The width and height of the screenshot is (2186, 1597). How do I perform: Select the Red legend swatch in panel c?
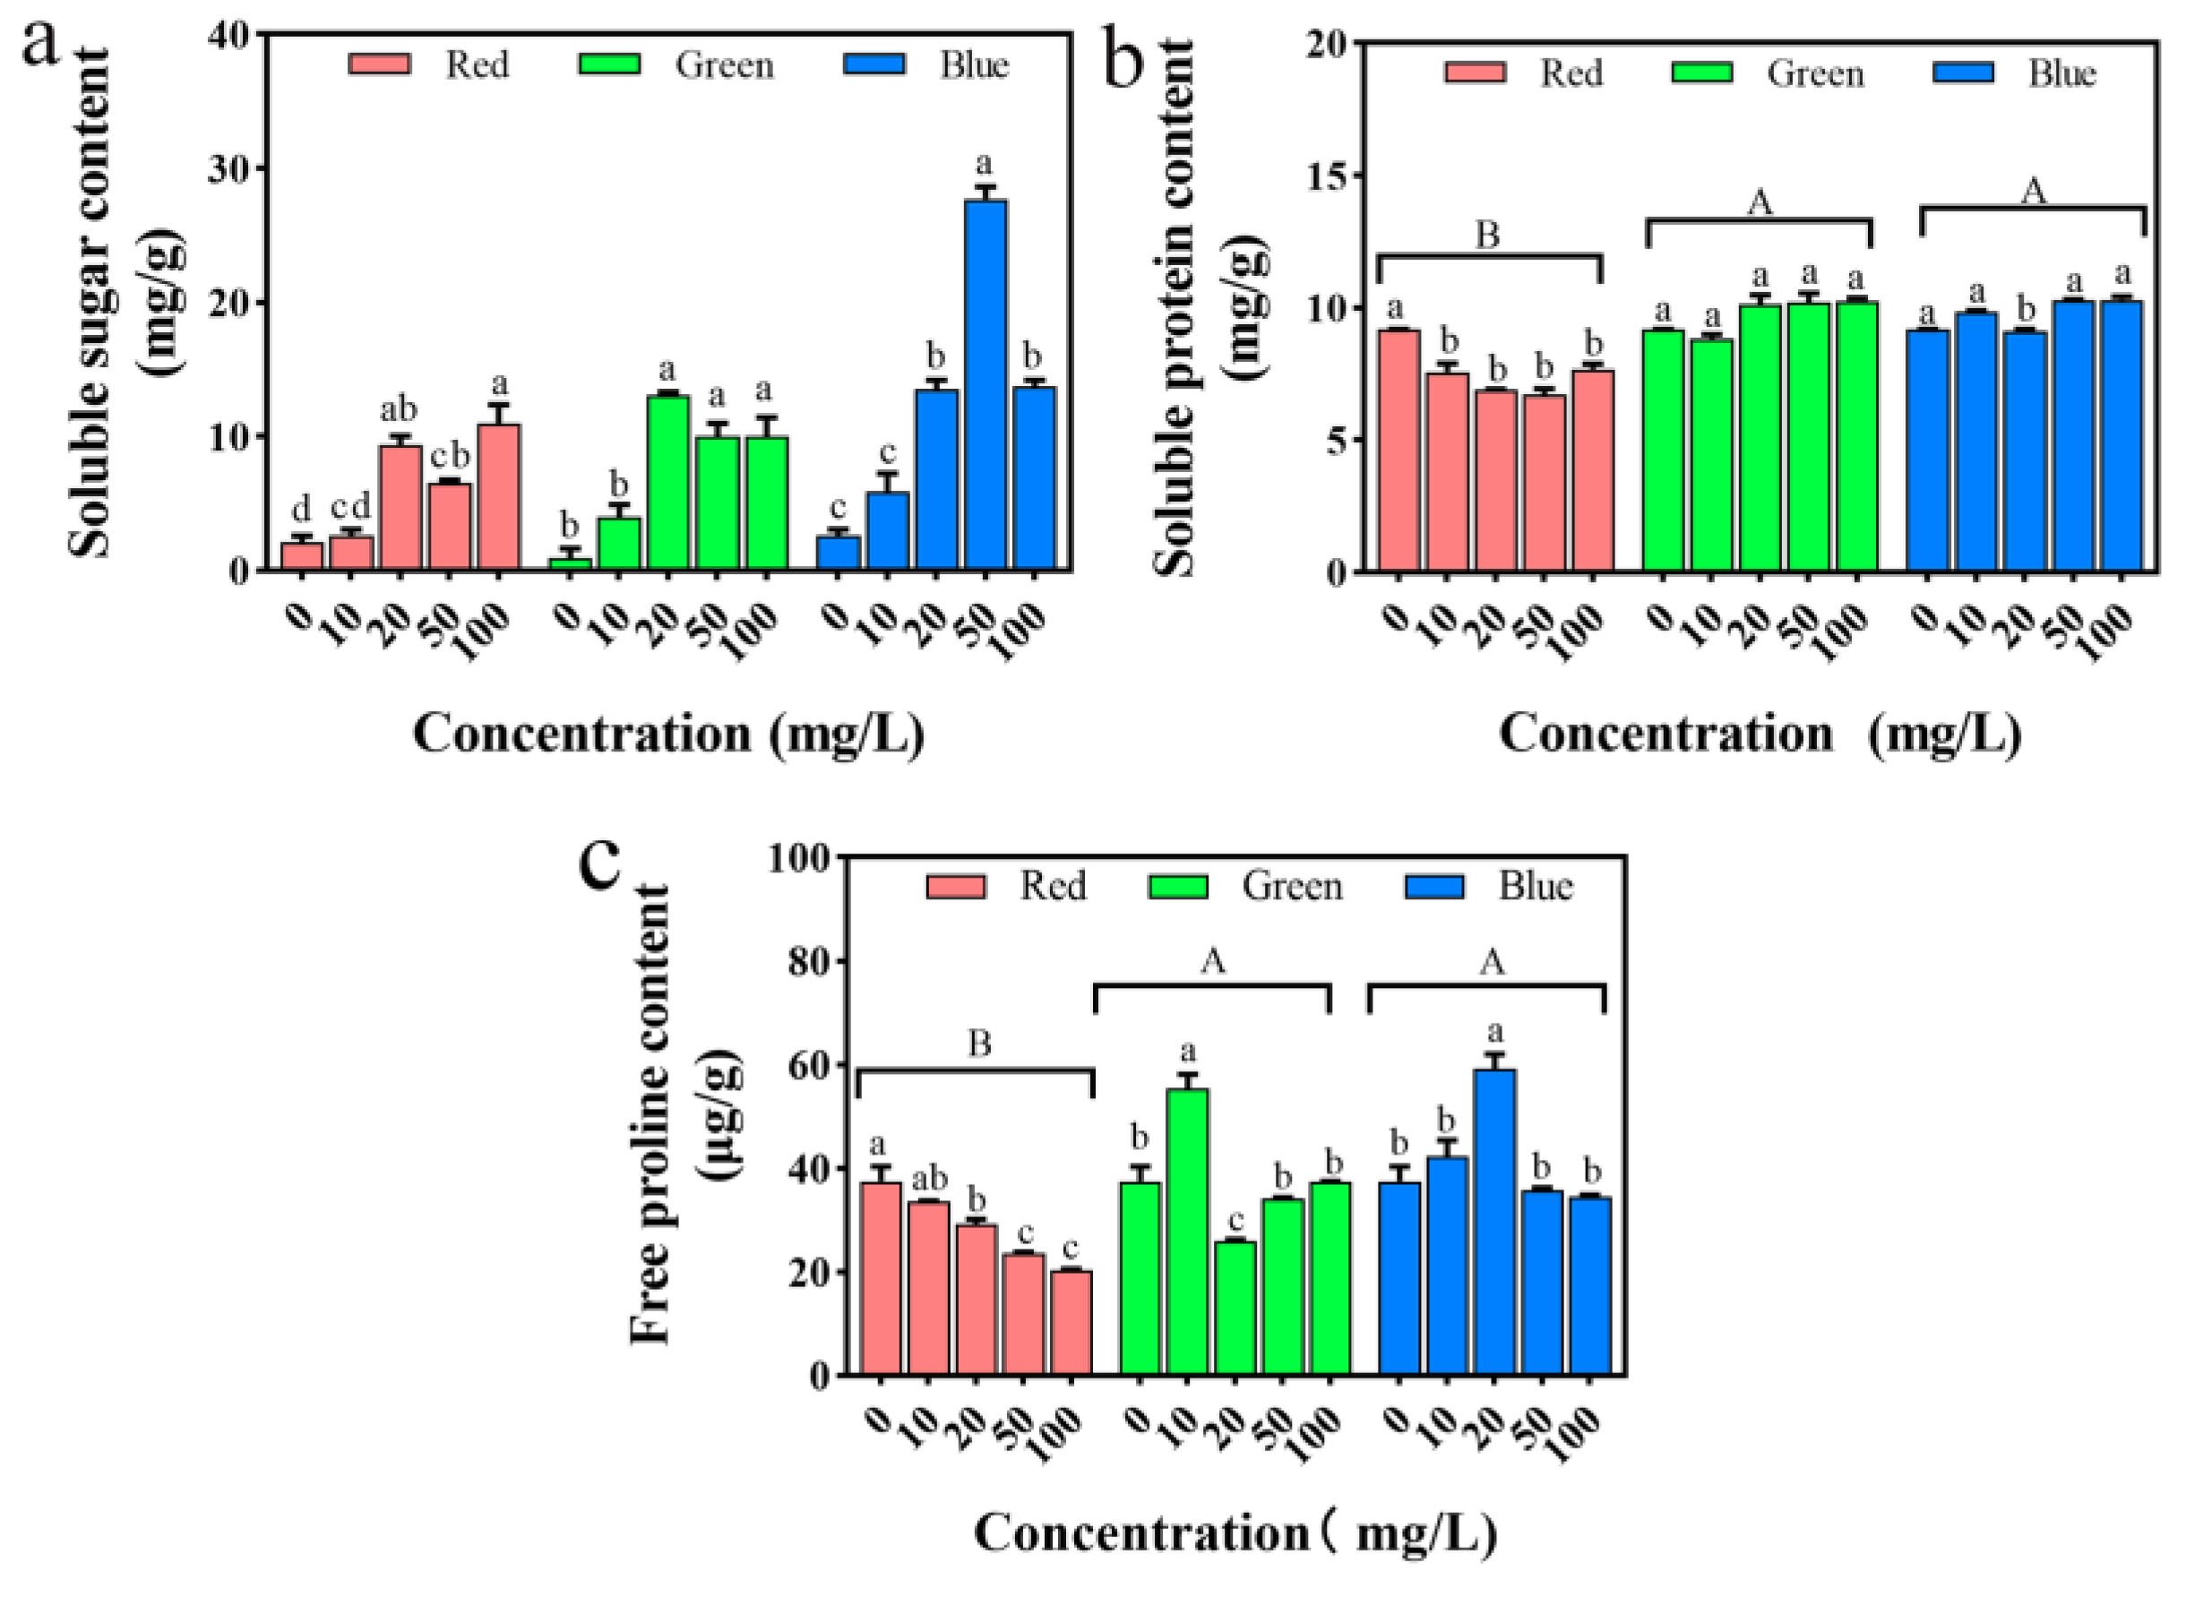click(955, 886)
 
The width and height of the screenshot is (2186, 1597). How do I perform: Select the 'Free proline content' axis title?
click(650, 1114)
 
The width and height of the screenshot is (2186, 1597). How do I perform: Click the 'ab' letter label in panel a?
click(399, 410)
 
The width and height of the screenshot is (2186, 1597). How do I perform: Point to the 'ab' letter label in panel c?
click(929, 1179)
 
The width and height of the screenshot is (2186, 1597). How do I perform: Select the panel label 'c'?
click(600, 863)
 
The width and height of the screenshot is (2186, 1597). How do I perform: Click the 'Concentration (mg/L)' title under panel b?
click(1760, 735)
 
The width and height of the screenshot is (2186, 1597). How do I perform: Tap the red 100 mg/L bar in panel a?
click(499, 497)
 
